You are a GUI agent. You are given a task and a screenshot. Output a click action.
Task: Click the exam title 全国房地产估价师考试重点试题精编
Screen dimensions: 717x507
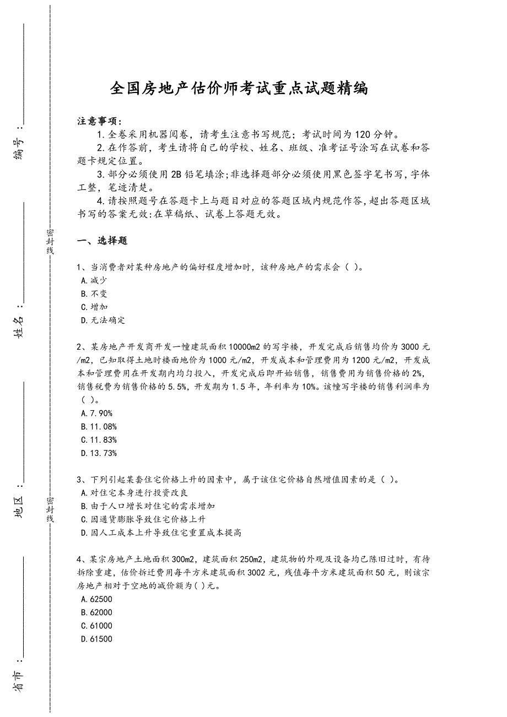coord(239,88)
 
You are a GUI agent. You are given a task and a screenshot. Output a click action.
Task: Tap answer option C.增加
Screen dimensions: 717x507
coord(94,307)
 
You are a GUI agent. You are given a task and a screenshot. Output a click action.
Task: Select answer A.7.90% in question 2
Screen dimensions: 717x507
coord(96,413)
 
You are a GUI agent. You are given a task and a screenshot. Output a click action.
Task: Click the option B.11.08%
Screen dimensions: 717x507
coord(99,426)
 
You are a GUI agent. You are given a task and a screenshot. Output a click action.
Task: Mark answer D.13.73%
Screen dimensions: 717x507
coord(99,453)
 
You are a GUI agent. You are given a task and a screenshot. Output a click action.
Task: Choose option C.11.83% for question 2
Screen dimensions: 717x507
coord(99,439)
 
